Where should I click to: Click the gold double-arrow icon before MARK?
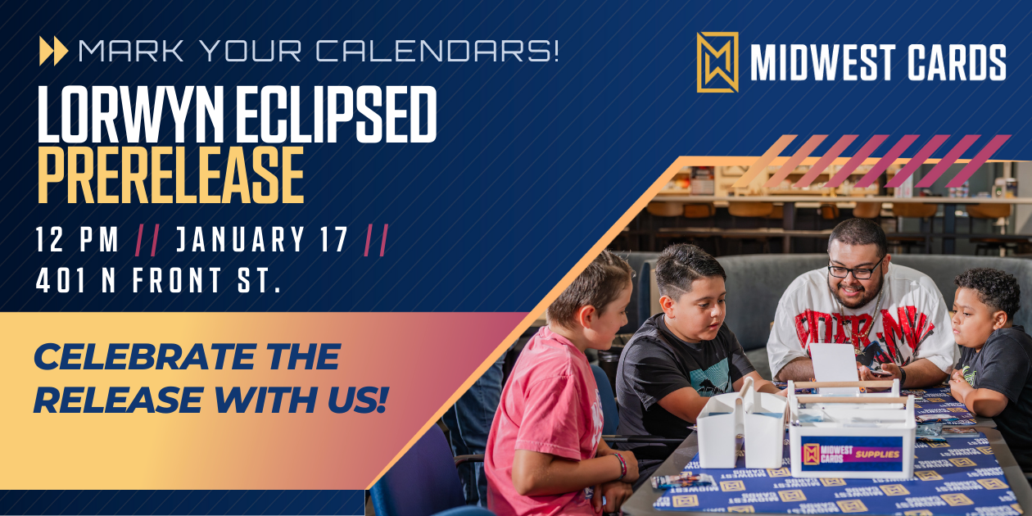[53, 51]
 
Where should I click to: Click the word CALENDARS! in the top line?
[437, 51]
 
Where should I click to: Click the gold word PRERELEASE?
[171, 175]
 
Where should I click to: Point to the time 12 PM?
[77, 239]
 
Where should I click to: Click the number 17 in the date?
[333, 239]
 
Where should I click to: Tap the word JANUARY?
[241, 239]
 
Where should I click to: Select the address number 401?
[61, 280]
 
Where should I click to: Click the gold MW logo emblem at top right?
[717, 62]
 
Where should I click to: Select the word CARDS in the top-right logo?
[957, 62]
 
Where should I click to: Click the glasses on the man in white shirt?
[855, 269]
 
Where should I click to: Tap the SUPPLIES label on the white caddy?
[877, 455]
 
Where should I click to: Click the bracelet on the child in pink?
[620, 466]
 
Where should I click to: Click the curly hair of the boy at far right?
[989, 288]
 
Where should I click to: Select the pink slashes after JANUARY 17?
[377, 239]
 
